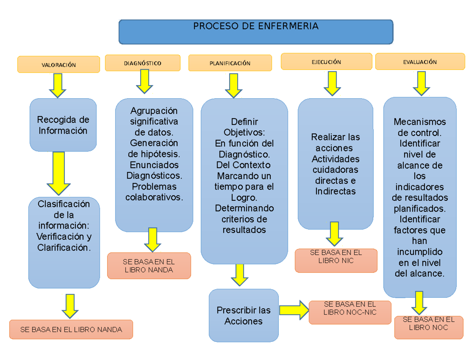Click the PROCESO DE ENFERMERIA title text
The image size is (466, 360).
[256, 26]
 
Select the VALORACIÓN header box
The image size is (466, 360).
[59, 64]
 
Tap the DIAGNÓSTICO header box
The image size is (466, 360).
[143, 63]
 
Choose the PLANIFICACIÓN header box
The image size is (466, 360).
[230, 63]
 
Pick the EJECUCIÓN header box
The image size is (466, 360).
[326, 62]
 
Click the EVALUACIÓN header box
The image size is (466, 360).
[420, 62]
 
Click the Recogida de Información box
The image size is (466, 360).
[63, 125]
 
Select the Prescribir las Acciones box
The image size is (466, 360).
[243, 316]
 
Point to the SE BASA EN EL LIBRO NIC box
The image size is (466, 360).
[336, 261]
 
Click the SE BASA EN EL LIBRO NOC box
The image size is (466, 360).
[429, 327]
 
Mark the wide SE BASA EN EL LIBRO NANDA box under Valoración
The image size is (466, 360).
[71, 330]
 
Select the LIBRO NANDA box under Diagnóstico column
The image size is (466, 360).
[149, 266]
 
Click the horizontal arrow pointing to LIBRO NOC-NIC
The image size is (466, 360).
[294, 310]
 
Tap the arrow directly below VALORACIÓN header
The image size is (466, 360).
[57, 86]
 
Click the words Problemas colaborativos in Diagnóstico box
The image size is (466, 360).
[154, 192]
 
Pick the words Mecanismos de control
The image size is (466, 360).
[420, 127]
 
